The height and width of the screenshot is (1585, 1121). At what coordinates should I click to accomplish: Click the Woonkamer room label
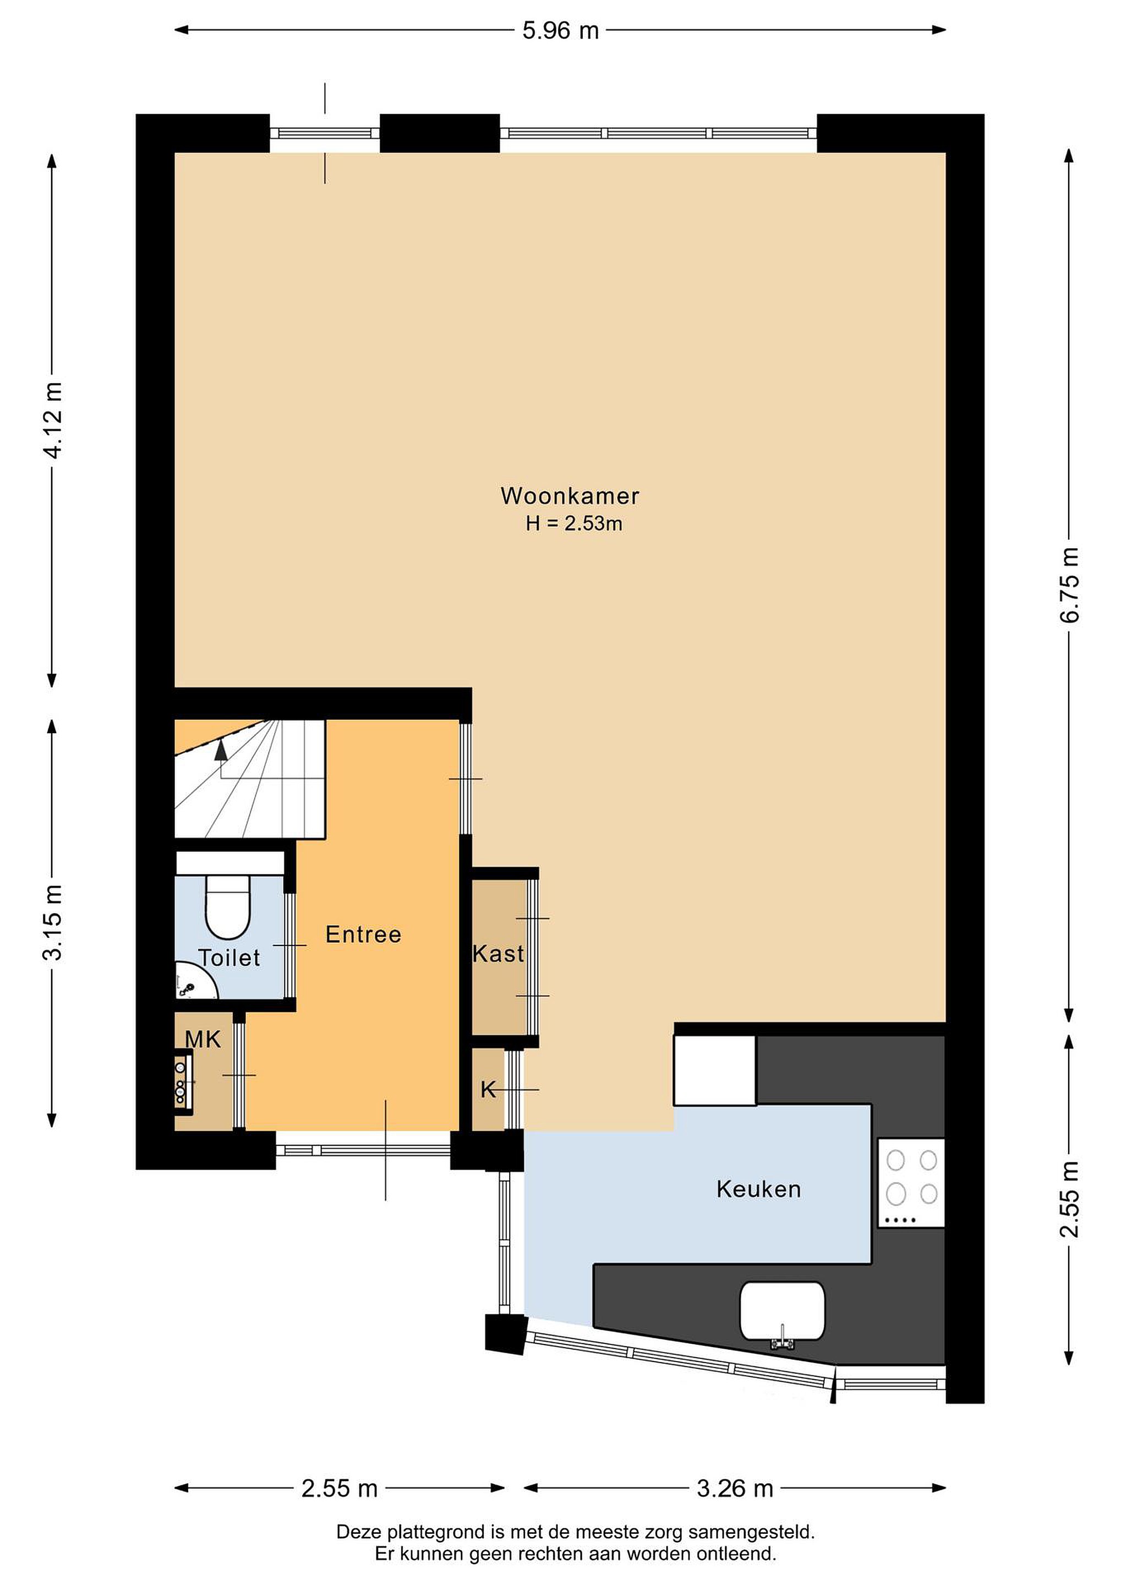570,496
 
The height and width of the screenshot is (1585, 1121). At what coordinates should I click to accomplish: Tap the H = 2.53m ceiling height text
573,524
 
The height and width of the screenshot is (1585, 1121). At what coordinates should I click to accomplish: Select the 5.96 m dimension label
560,30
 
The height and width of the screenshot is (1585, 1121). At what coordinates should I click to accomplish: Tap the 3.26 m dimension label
735,1488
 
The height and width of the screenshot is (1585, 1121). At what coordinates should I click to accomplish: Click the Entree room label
363,934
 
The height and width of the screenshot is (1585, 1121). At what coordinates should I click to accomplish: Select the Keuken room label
758,1189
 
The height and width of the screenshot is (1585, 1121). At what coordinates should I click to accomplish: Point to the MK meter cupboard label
203,1039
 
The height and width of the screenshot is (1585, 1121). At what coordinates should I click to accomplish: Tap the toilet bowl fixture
228,906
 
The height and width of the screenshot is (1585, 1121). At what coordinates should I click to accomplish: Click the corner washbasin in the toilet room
193,982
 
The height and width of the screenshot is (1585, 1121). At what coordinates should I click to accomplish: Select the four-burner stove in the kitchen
911,1183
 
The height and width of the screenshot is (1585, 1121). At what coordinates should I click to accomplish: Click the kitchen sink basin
782,1311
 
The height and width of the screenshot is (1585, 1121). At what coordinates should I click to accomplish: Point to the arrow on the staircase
221,750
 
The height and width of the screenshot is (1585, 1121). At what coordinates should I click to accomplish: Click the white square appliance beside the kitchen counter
715,1071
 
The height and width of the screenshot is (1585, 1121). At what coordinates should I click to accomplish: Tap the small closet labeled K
488,1089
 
